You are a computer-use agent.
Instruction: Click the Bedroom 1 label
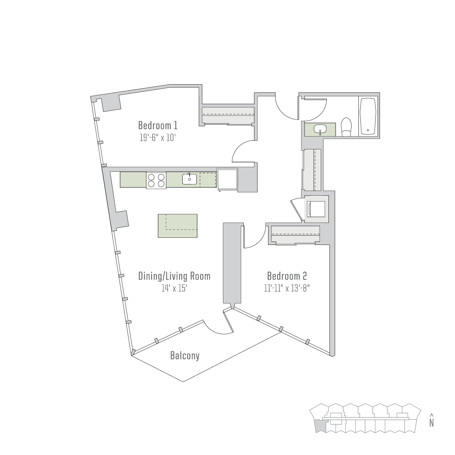[x=158, y=126]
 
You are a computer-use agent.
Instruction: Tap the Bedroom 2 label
[x=287, y=276]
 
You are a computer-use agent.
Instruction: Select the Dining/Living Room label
[x=174, y=276]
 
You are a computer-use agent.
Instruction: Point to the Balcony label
[x=185, y=355]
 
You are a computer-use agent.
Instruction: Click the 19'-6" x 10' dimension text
[x=158, y=138]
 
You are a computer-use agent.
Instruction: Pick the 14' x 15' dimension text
[x=174, y=288]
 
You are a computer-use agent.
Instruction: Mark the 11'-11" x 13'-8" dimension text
[x=287, y=288]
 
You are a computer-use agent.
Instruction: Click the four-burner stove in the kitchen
[x=156, y=180]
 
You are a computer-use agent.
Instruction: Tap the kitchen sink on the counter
[x=189, y=179]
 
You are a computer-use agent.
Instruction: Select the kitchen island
[x=177, y=226]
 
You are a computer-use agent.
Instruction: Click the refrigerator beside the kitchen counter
[x=227, y=180]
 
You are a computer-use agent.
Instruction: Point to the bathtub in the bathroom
[x=368, y=117]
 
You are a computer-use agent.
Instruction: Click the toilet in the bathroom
[x=347, y=127]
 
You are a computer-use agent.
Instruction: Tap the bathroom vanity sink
[x=320, y=129]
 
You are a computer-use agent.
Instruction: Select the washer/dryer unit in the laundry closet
[x=316, y=209]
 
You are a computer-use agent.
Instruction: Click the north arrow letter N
[x=431, y=423]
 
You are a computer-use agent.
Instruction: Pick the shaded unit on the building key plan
[x=320, y=427]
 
